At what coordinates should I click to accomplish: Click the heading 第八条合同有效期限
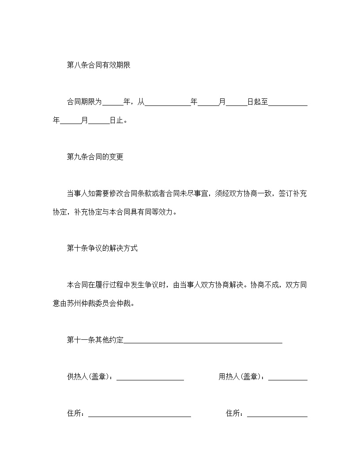pyautogui.click(x=98, y=65)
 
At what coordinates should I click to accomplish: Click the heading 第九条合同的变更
pyautogui.click(x=95, y=157)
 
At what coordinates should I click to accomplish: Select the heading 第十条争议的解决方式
pyautogui.click(x=102, y=248)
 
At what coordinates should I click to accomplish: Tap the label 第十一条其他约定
pyautogui.click(x=95, y=340)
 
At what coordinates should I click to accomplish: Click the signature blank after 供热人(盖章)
pyautogui.click(x=150, y=378)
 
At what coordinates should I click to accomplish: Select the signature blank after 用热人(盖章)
pyautogui.click(x=288, y=378)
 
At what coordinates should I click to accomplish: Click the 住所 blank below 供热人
pyautogui.click(x=139, y=414)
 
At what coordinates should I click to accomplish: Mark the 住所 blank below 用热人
pyautogui.click(x=277, y=414)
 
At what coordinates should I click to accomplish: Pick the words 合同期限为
pyautogui.click(x=84, y=102)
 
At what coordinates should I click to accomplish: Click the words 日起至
pyautogui.click(x=258, y=102)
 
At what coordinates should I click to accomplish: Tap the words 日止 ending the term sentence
pyautogui.click(x=116, y=120)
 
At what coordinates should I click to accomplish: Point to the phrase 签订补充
pyautogui.click(x=293, y=193)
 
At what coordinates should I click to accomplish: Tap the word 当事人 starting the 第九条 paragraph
pyautogui.click(x=77, y=193)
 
